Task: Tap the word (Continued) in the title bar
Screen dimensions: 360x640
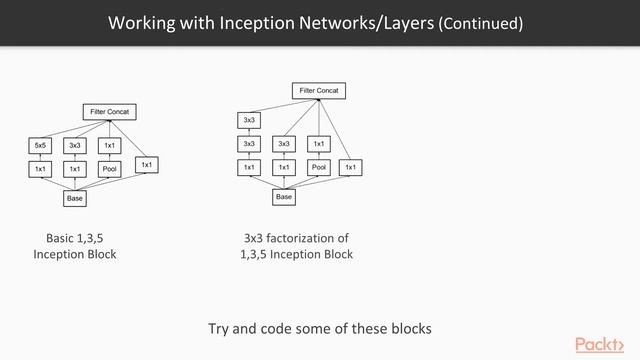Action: [x=480, y=22]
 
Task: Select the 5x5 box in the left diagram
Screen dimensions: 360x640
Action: [x=41, y=146]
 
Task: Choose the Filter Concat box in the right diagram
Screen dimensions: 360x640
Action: [x=318, y=91]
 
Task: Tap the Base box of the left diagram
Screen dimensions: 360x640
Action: [x=75, y=198]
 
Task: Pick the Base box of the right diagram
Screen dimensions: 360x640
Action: [x=284, y=197]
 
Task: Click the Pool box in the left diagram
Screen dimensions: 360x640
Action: [x=109, y=170]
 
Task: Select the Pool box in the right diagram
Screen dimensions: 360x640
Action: [x=319, y=167]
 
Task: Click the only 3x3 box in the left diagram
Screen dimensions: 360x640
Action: [x=75, y=146]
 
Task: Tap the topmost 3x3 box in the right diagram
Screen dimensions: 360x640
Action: [x=250, y=121]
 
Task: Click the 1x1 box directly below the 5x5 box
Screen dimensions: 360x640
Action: [x=41, y=170]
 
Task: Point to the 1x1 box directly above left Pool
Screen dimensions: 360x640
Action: [x=109, y=146]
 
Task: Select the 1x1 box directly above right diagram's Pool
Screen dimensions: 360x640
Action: [x=319, y=144]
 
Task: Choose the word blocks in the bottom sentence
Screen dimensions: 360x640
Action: [x=407, y=328]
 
